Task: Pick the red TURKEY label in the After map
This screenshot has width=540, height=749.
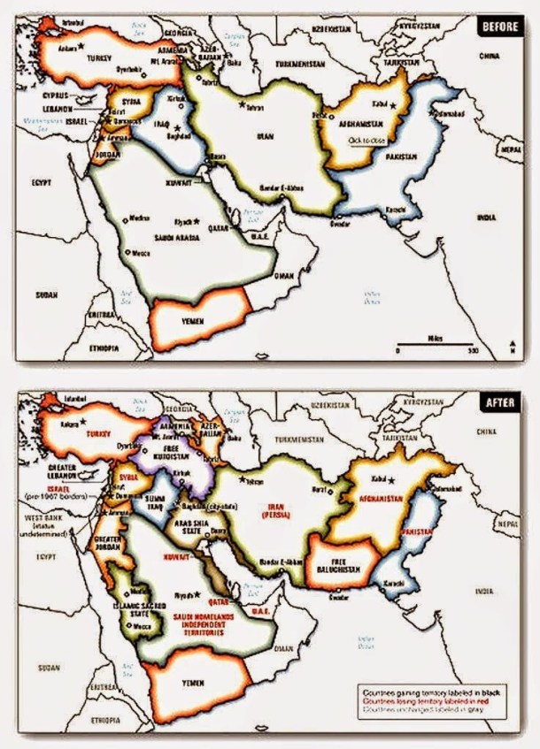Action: click(97, 436)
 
